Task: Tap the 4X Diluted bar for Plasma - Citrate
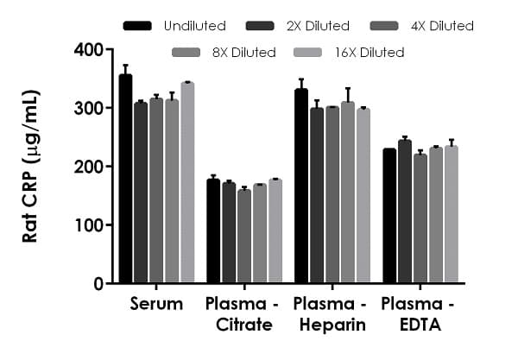coord(244,237)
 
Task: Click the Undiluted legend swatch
coord(137,26)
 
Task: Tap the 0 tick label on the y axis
coord(98,283)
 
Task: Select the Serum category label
coord(157,304)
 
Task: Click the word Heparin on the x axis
coord(328,325)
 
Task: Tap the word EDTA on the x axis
coord(417,325)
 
